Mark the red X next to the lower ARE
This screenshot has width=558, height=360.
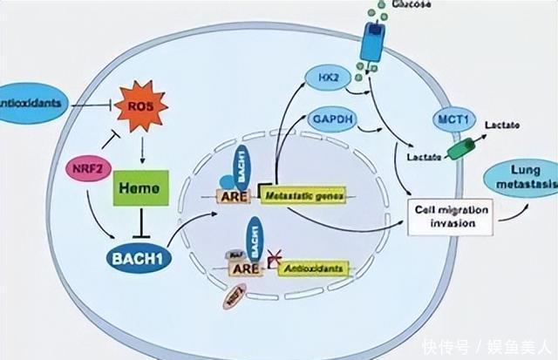tap(276, 256)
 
